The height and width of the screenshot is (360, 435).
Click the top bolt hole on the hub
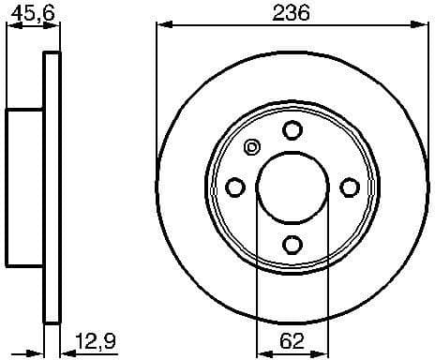click(x=292, y=129)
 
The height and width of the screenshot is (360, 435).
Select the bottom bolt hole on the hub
click(x=292, y=245)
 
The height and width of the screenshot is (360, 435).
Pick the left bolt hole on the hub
click(x=234, y=187)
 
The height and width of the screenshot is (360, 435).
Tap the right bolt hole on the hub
click(x=349, y=187)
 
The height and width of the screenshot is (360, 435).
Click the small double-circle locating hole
click(x=251, y=147)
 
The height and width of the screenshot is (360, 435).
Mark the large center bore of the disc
click(x=292, y=187)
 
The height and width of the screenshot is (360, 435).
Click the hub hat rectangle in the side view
click(x=25, y=187)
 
